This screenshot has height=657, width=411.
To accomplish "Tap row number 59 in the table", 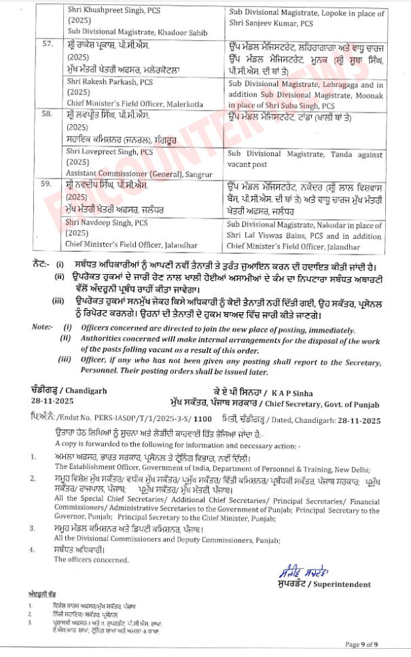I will pyautogui.click(x=47, y=184).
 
